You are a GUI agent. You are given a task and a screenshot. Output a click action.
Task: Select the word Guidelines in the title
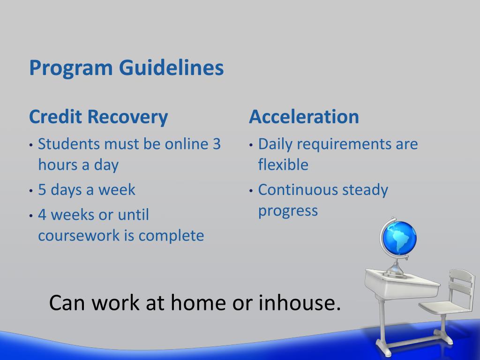tap(172, 67)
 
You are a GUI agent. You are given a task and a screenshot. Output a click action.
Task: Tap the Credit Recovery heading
tap(98, 117)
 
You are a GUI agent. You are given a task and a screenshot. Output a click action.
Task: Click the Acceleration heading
tap(304, 117)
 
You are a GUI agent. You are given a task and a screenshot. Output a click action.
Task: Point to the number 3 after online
tap(217, 144)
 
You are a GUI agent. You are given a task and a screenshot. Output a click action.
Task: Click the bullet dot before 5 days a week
tap(31, 191)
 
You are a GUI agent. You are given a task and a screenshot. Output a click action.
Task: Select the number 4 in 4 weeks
tap(42, 215)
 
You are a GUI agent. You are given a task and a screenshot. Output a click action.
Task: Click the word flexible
tap(283, 165)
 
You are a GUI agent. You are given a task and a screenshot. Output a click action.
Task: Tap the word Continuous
tap(298, 190)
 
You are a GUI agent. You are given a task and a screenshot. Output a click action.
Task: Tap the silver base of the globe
tap(397, 271)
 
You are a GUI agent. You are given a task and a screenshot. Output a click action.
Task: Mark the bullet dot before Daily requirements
tap(251, 145)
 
